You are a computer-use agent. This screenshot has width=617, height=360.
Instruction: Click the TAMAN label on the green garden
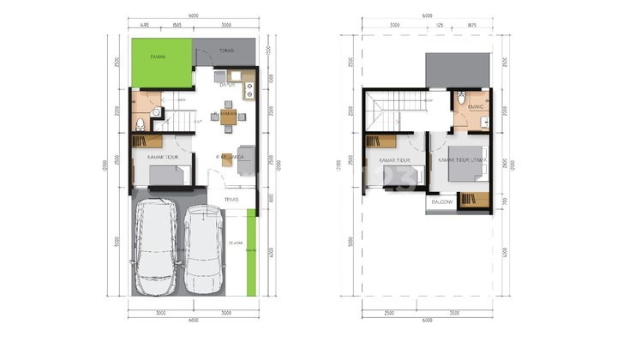(x=157, y=57)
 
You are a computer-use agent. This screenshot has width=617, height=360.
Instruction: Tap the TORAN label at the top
(x=226, y=51)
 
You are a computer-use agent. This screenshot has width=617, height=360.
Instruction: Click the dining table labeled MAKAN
(x=228, y=118)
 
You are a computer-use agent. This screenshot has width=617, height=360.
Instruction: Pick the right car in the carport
(x=204, y=248)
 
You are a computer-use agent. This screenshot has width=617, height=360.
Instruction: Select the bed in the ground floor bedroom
(x=165, y=177)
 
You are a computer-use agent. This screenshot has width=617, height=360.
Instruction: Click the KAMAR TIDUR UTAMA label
(x=464, y=159)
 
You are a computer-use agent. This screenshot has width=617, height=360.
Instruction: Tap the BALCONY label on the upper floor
(x=442, y=202)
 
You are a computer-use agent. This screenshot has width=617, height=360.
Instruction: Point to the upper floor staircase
(x=396, y=112)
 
